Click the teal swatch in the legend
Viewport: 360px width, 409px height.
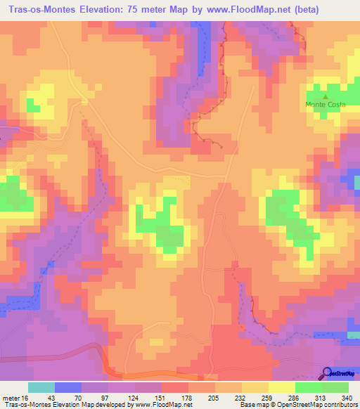tap(41, 387)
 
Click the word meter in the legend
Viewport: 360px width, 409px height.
tap(10, 398)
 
